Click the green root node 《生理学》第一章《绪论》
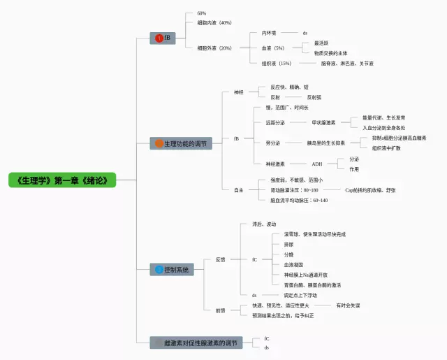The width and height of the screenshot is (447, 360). click(x=62, y=180)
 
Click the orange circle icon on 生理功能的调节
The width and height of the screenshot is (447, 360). click(x=159, y=144)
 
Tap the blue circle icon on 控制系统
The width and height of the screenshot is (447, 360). click(x=159, y=269)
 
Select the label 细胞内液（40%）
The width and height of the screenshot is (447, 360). click(x=214, y=22)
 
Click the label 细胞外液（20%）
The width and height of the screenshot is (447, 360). click(x=214, y=48)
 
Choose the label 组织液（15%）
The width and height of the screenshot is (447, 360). click(x=277, y=64)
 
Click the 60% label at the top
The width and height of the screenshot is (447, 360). click(x=202, y=13)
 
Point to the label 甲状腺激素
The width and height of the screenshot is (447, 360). click(x=323, y=122)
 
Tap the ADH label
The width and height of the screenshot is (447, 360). click(x=317, y=164)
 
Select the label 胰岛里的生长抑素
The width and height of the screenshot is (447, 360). click(x=326, y=143)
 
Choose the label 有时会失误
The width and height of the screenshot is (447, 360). click(x=348, y=305)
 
